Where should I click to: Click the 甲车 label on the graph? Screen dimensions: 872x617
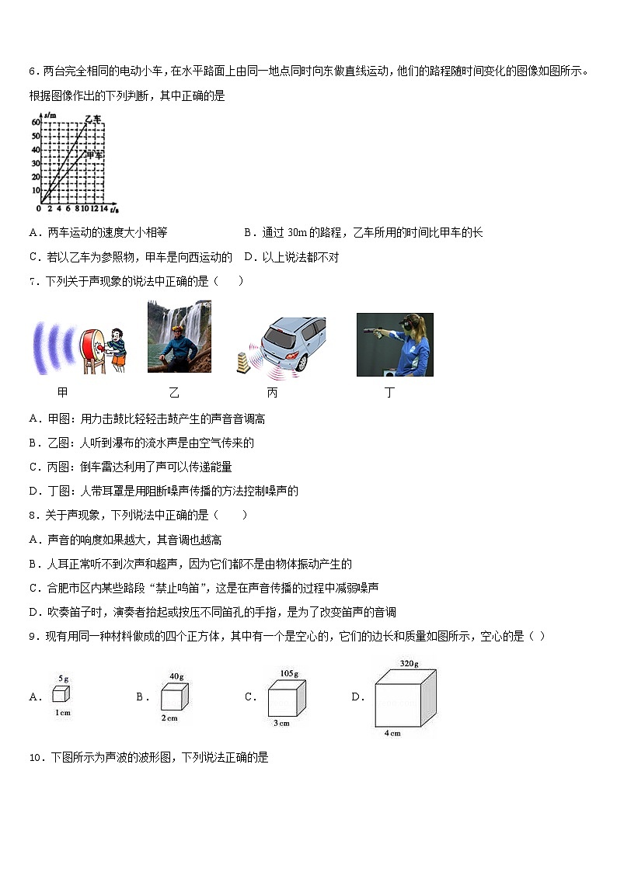95,155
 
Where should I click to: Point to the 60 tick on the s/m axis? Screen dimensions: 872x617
35,123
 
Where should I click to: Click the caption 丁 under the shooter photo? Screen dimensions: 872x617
389,393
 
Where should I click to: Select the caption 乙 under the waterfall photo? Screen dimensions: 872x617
173,393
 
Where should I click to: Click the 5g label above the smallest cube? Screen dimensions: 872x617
64,678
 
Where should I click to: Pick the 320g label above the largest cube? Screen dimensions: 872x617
410,664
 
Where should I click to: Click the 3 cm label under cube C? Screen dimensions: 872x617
281,723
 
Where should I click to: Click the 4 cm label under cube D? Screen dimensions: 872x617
392,733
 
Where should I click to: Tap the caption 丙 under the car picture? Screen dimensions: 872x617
272,393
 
